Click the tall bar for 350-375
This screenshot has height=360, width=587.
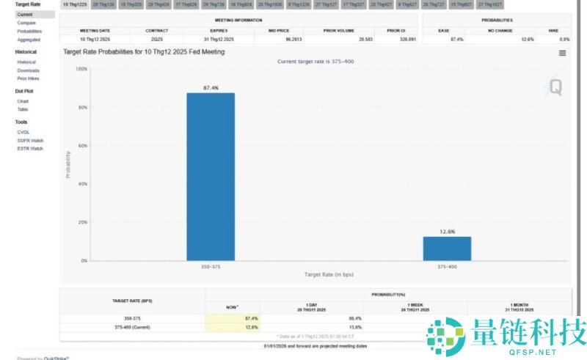coord(211,176)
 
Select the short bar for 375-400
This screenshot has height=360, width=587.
coord(447,249)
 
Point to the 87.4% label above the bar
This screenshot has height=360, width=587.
coord(211,88)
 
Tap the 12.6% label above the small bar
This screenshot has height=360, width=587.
coord(447,232)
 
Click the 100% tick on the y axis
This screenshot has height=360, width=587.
coord(81,69)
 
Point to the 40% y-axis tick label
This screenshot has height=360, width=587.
coord(83,184)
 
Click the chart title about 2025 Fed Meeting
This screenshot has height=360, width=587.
coord(144,52)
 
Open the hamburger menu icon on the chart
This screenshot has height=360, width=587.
coord(562,53)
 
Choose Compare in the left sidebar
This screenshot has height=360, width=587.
coord(26,23)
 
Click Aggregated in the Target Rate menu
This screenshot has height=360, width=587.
coord(29,40)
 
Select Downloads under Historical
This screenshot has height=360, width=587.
coord(29,70)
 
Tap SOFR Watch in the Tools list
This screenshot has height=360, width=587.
coord(30,140)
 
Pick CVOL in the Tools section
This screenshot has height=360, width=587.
coord(23,132)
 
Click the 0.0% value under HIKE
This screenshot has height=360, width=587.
coord(564,39)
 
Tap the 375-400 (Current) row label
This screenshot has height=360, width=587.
coord(131,327)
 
